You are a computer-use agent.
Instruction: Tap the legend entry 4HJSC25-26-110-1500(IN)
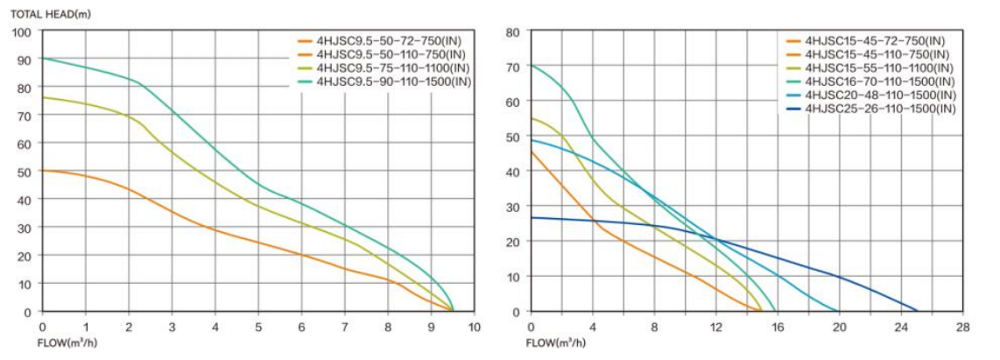point(879,109)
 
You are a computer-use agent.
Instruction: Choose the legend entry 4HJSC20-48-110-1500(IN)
point(879,95)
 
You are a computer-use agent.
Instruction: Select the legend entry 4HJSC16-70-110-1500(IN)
point(879,81)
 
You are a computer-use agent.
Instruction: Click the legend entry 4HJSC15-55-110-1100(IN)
point(879,67)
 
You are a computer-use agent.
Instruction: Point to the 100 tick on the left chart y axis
point(23,32)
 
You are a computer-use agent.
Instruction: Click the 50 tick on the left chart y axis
point(25,172)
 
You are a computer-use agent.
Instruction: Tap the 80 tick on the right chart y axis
point(514,32)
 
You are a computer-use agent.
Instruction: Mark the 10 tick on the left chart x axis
point(475,327)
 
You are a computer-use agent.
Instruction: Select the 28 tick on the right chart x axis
point(963,327)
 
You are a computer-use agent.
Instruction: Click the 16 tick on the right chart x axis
point(778,327)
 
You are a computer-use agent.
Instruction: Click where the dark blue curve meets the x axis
point(917,311)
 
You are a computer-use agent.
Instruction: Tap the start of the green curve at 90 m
point(43,59)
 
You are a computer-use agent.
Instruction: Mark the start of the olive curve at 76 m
point(43,97)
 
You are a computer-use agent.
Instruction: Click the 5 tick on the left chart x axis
point(258,327)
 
